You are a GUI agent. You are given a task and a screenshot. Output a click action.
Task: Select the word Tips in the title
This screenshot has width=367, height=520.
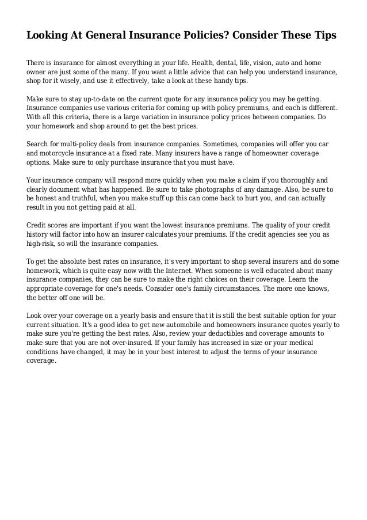323,36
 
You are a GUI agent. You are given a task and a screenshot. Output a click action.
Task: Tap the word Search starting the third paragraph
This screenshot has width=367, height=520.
40,145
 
